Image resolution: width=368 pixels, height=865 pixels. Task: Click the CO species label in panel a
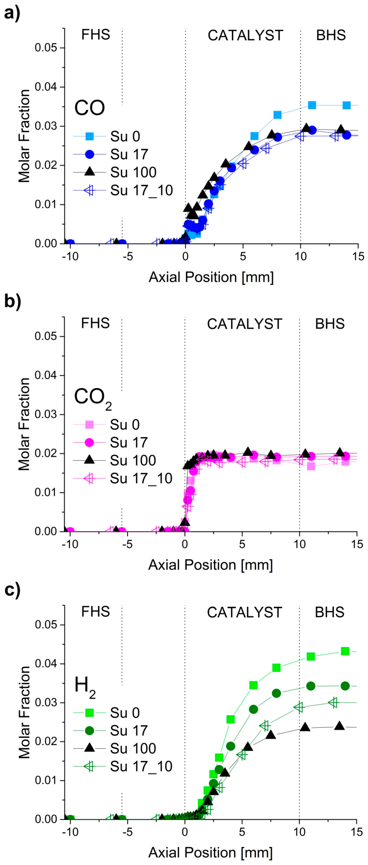tap(89, 108)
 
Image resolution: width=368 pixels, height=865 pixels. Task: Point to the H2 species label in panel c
tap(85, 687)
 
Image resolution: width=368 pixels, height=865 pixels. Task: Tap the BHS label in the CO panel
tap(331, 35)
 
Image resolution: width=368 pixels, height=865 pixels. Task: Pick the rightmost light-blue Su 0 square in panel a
tap(346, 105)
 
